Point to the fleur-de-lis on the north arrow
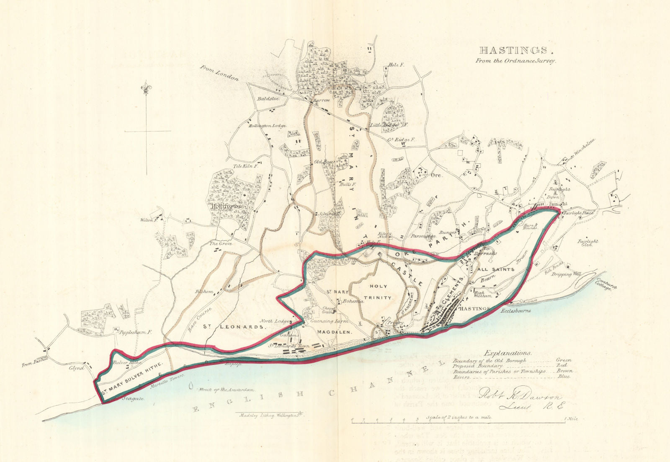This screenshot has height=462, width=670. pyautogui.click(x=147, y=89)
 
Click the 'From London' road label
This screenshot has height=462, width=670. pyautogui.click(x=219, y=73)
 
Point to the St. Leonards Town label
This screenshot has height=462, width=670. pyautogui.click(x=289, y=346)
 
